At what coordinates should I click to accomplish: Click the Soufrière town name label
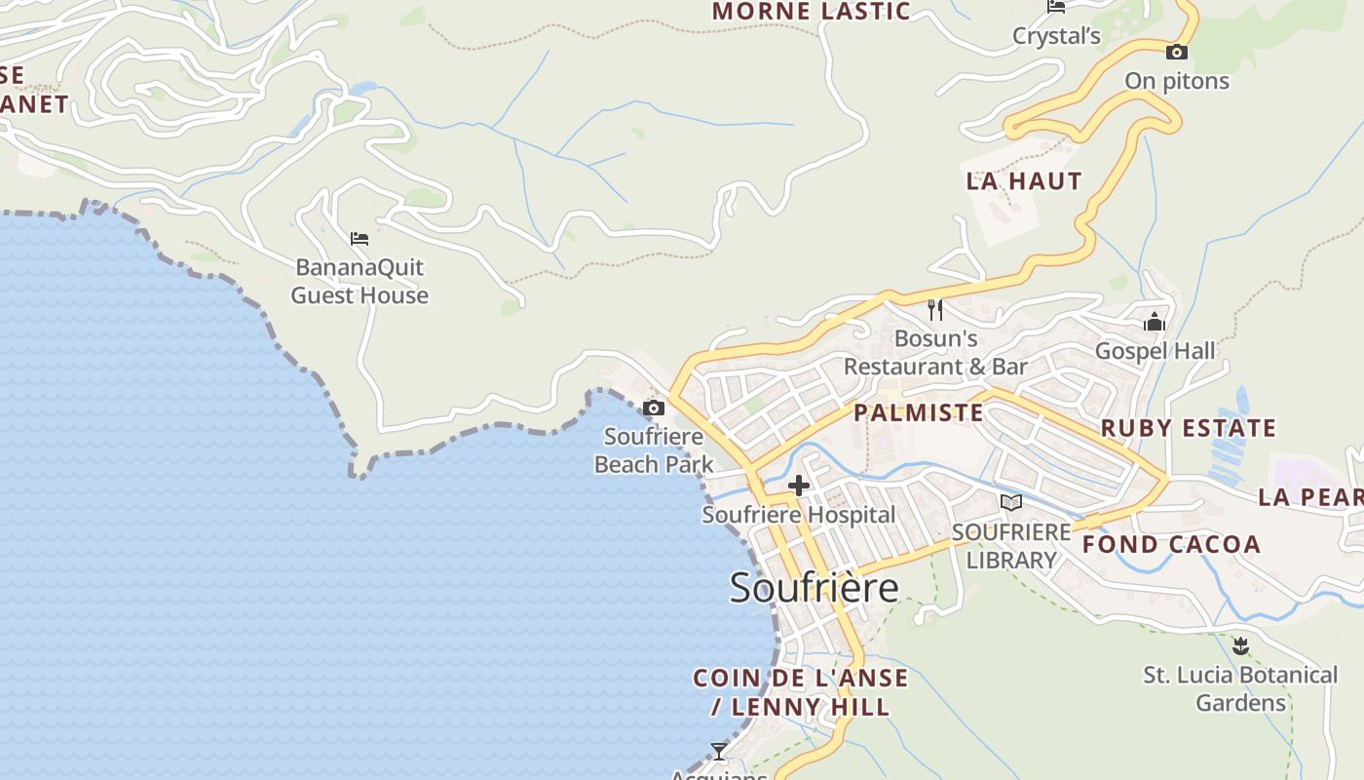[814, 588]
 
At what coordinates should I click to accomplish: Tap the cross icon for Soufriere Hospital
[799, 485]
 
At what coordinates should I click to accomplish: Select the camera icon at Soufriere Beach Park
[654, 408]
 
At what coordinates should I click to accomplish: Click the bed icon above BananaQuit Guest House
[360, 238]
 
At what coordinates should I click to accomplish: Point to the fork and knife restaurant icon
[935, 310]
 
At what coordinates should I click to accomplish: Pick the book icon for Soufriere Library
[1011, 502]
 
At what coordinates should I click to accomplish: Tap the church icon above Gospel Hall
[1155, 321]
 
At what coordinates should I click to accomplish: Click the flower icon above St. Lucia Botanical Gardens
[1240, 645]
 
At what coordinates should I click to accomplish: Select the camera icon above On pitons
[1177, 52]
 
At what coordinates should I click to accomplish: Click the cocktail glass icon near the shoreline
[719, 751]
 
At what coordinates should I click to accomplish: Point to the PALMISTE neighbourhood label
[919, 412]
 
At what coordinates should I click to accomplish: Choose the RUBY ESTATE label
[1188, 428]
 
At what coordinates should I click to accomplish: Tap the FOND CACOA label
[1171, 544]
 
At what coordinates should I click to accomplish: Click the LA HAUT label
[1024, 181]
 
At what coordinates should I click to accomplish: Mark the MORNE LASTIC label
[811, 12]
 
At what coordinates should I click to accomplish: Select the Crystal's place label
[1056, 37]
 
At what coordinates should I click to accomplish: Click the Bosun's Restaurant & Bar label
[935, 353]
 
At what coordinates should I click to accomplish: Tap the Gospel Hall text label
[1155, 351]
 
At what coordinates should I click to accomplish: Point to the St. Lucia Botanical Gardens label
[1240, 688]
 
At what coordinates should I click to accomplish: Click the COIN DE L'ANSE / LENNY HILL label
[800, 692]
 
